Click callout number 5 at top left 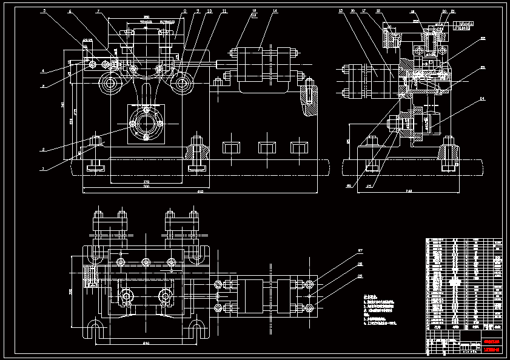click(x=44, y=11)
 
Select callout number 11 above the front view click(x=224, y=11)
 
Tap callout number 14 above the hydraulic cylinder click(x=275, y=11)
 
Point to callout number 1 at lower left click(x=42, y=170)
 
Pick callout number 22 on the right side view click(x=483, y=39)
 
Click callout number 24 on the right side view click(x=483, y=98)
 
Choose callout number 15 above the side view click(x=341, y=11)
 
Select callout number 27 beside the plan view click(x=360, y=250)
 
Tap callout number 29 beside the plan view click(x=360, y=276)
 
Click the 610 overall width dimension click(x=200, y=192)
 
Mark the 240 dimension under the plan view click(x=146, y=344)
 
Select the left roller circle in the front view click(x=110, y=83)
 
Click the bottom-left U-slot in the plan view click(x=95, y=330)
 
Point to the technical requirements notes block click(x=380, y=312)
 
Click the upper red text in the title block click(x=491, y=335)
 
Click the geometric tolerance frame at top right click(x=462, y=25)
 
